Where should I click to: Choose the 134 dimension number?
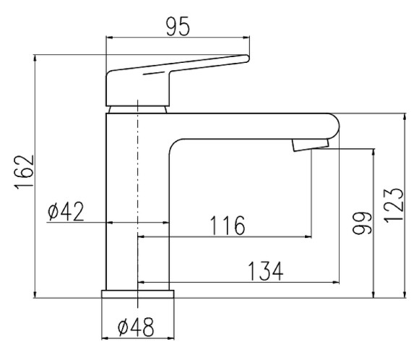tap(265, 271)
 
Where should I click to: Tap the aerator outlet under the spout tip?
tap(309, 146)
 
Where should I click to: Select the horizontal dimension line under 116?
tap(224, 236)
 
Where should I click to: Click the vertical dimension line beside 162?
tap(35, 173)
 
